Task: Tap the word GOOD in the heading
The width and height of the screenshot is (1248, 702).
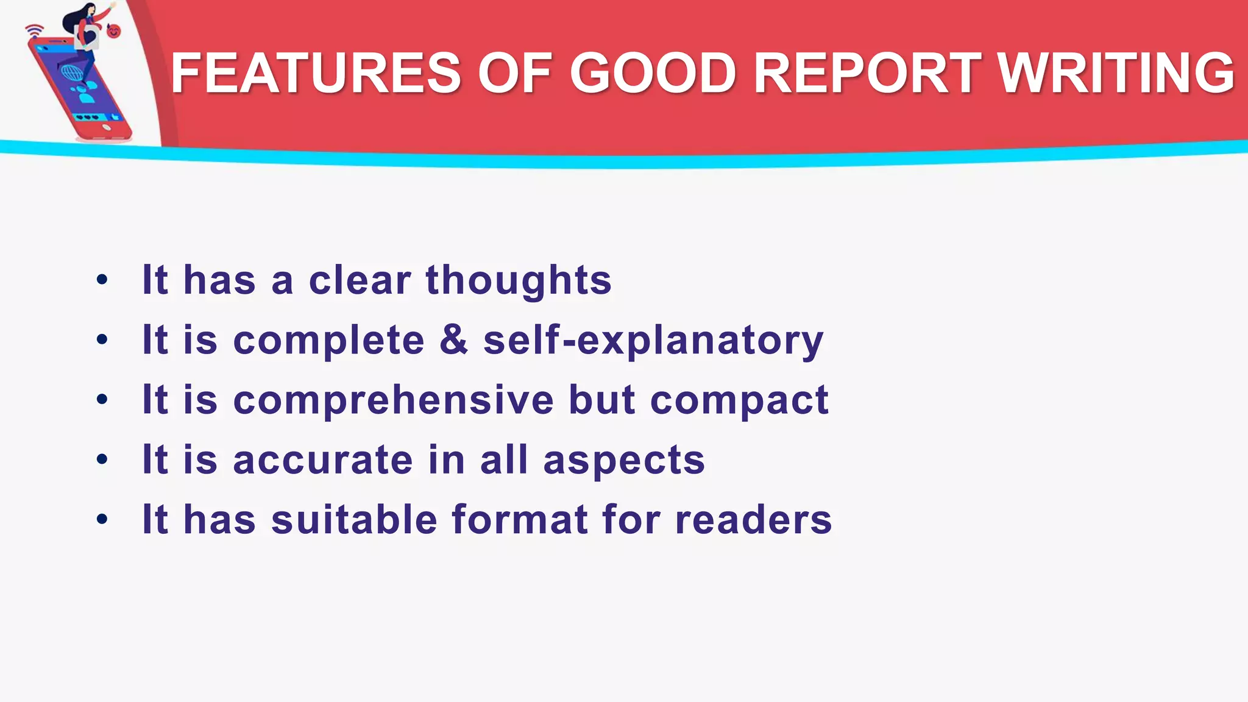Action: [653, 73]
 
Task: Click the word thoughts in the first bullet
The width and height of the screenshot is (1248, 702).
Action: [519, 281]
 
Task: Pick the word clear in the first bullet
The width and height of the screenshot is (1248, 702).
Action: [360, 281]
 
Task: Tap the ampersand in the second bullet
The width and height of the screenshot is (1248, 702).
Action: [454, 339]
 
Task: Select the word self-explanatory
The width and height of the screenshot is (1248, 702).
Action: [653, 341]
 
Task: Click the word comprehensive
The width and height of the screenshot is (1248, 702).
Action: [394, 400]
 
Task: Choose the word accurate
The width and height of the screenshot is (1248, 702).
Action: [323, 460]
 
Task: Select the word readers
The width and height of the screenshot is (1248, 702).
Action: [754, 520]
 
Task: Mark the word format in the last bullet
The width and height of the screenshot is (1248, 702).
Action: [520, 520]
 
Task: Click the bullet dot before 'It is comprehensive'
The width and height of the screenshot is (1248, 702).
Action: [102, 400]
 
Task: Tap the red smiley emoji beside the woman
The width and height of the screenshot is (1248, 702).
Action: [114, 30]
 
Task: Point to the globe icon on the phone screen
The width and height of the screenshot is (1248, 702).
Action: [72, 73]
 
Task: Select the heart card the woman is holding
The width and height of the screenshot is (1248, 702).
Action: [87, 37]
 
